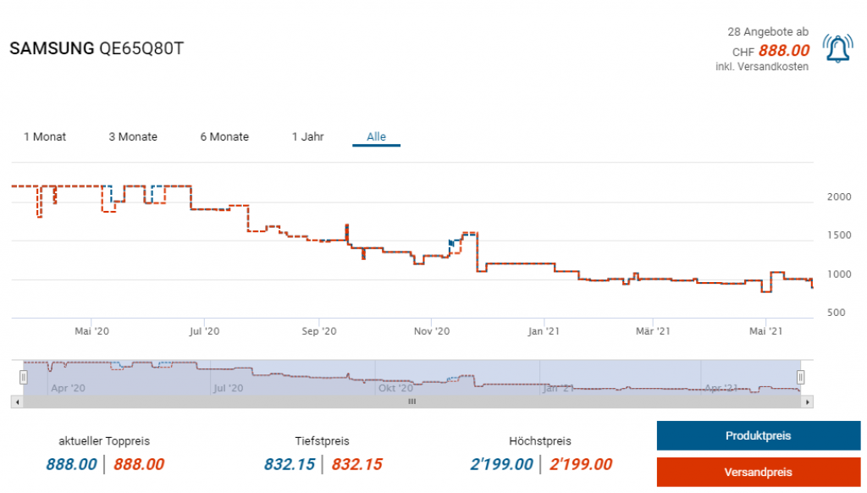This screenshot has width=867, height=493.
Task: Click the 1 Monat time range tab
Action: tap(45, 136)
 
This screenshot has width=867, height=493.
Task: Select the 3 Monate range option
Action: tap(133, 136)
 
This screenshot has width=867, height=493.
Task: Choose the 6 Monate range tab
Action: tap(224, 136)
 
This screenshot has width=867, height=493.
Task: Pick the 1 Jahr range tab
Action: tap(307, 136)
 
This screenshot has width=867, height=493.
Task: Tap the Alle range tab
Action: tap(376, 136)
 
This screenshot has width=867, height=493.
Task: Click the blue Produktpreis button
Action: tap(758, 435)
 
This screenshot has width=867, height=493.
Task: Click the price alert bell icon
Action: tap(837, 50)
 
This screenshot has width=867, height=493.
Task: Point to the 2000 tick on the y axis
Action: tap(838, 197)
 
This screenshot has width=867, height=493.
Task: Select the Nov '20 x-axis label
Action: tap(432, 332)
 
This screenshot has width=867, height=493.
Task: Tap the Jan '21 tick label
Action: tap(543, 332)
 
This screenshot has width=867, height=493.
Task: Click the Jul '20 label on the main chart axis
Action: tap(204, 332)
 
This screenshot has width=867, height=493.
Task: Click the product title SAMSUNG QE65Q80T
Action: tap(96, 48)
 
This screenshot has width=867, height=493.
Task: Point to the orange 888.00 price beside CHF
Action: tap(783, 50)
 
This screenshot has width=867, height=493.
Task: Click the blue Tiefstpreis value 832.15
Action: tap(290, 464)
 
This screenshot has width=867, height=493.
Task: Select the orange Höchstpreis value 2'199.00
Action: tap(581, 464)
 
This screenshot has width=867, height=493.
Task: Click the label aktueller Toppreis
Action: tap(104, 441)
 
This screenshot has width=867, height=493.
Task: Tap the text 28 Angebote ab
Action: tap(768, 31)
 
